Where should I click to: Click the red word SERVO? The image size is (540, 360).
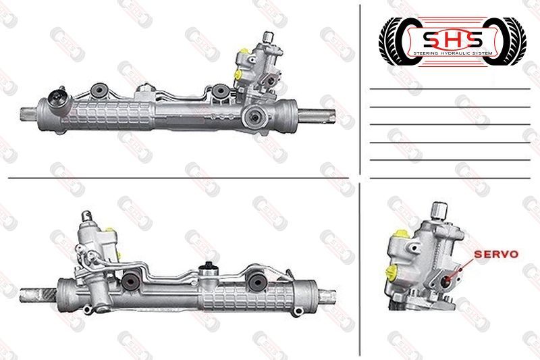point(496,255)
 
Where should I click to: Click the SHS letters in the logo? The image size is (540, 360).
point(452,40)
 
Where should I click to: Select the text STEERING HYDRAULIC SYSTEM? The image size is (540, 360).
point(452,53)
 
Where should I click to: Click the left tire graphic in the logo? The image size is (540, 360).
point(396,41)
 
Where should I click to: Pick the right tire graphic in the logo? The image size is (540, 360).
point(509,41)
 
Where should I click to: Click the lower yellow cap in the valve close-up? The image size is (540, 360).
point(391,272)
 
